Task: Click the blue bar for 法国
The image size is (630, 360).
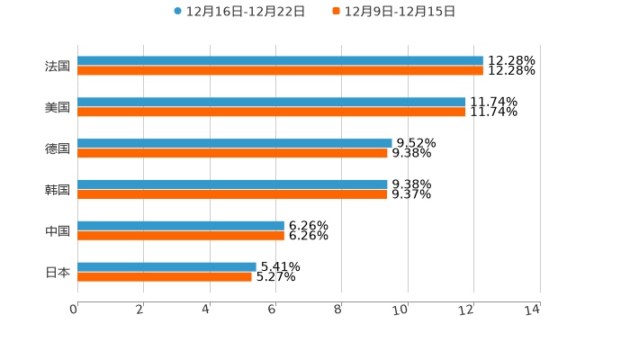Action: coord(280,61)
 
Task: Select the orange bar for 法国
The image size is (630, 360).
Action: coord(280,70)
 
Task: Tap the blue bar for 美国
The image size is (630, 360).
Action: coord(272,103)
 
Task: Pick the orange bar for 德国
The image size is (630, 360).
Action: coord(232,153)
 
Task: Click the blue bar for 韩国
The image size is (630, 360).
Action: coord(232,184)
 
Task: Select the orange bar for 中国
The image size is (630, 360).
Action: coord(181,235)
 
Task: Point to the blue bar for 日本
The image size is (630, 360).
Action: coord(166,266)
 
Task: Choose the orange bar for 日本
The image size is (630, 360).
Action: coord(165,276)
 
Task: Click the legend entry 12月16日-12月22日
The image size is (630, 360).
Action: coord(239,12)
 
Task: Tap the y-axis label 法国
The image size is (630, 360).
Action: coord(58,66)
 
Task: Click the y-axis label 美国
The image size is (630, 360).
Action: coord(58,107)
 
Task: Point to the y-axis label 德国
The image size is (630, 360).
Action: coord(58,148)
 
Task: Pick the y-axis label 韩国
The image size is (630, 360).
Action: coord(58,189)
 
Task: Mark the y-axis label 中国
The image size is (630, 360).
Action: coord(58,230)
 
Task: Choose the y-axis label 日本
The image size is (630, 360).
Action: coord(58,272)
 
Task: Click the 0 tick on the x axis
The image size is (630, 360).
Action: coord(75,310)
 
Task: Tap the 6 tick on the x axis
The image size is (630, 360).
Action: coord(272,310)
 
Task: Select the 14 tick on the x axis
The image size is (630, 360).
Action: coord(533,310)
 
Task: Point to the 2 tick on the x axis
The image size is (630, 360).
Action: coord(140,310)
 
